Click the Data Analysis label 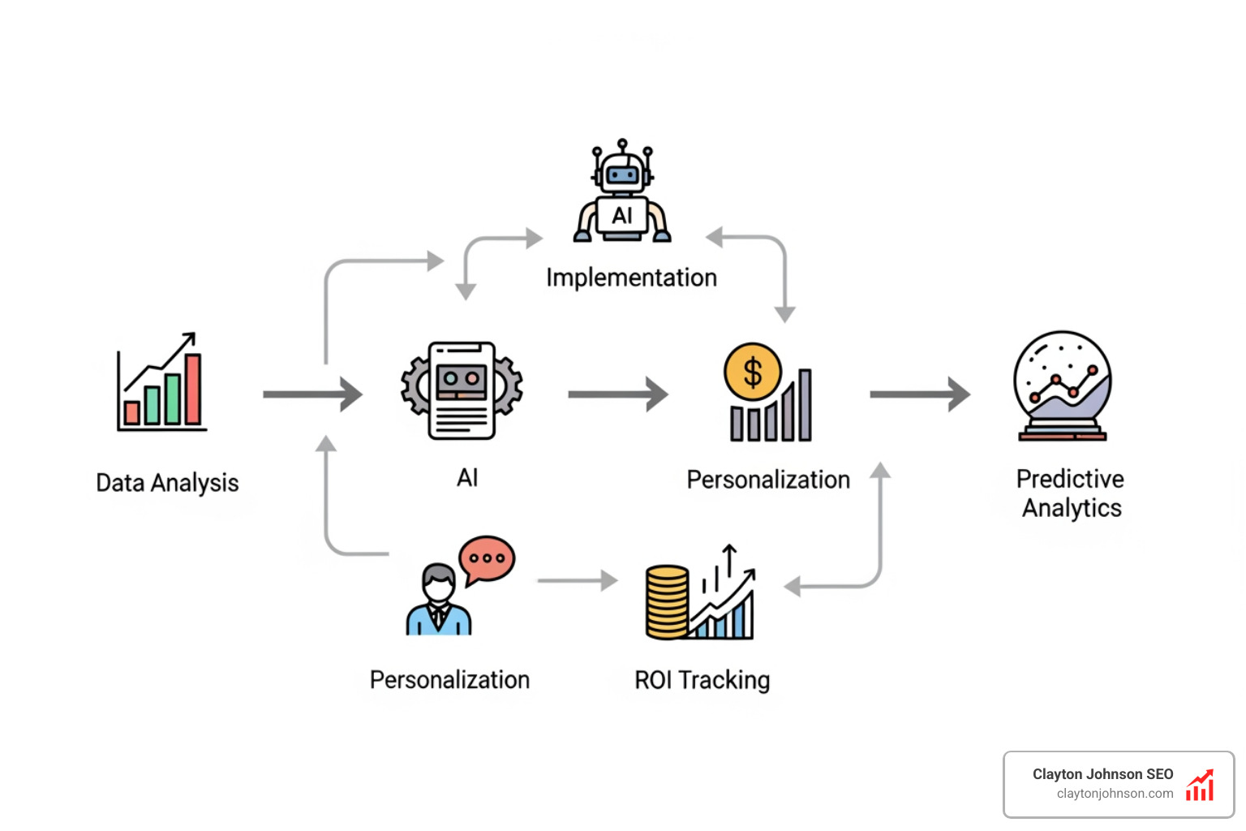[167, 483]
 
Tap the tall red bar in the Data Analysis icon [193, 390]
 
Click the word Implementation [631, 278]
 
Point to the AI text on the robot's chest [622, 216]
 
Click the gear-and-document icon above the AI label [462, 390]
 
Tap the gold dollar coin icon [752, 372]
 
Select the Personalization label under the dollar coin [768, 480]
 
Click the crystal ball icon [1062, 385]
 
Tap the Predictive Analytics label [1071, 493]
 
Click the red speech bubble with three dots [487, 558]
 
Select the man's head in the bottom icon [439, 583]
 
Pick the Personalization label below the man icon [449, 679]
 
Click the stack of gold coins [667, 602]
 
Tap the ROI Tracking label [702, 679]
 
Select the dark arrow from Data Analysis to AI [312, 394]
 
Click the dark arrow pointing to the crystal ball [919, 394]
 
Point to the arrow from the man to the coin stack [577, 580]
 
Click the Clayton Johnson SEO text [1102, 774]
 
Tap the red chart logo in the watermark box [1200, 786]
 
